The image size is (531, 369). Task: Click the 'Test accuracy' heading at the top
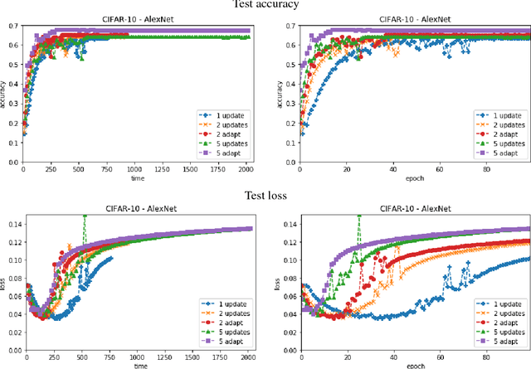(265, 5)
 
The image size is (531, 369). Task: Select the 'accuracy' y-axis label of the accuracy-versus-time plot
(5, 95)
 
